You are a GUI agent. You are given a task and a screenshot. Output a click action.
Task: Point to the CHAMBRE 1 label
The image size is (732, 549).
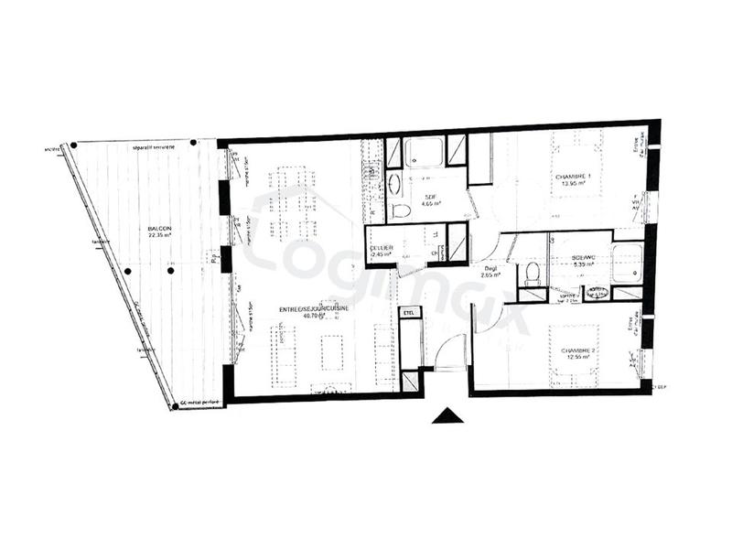click(x=574, y=176)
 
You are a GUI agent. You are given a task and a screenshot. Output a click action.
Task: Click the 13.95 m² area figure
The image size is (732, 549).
click(x=574, y=183)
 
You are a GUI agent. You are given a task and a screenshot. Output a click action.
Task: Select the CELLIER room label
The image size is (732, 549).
click(x=382, y=248)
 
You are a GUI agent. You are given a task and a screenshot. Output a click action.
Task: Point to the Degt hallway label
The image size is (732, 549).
click(x=491, y=267)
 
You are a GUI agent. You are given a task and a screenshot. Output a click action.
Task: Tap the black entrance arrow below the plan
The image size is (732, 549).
click(x=448, y=415)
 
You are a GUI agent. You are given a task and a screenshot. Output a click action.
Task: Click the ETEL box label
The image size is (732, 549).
click(x=409, y=313)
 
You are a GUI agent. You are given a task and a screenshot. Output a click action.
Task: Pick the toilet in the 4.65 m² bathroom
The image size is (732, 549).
click(x=400, y=210)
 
